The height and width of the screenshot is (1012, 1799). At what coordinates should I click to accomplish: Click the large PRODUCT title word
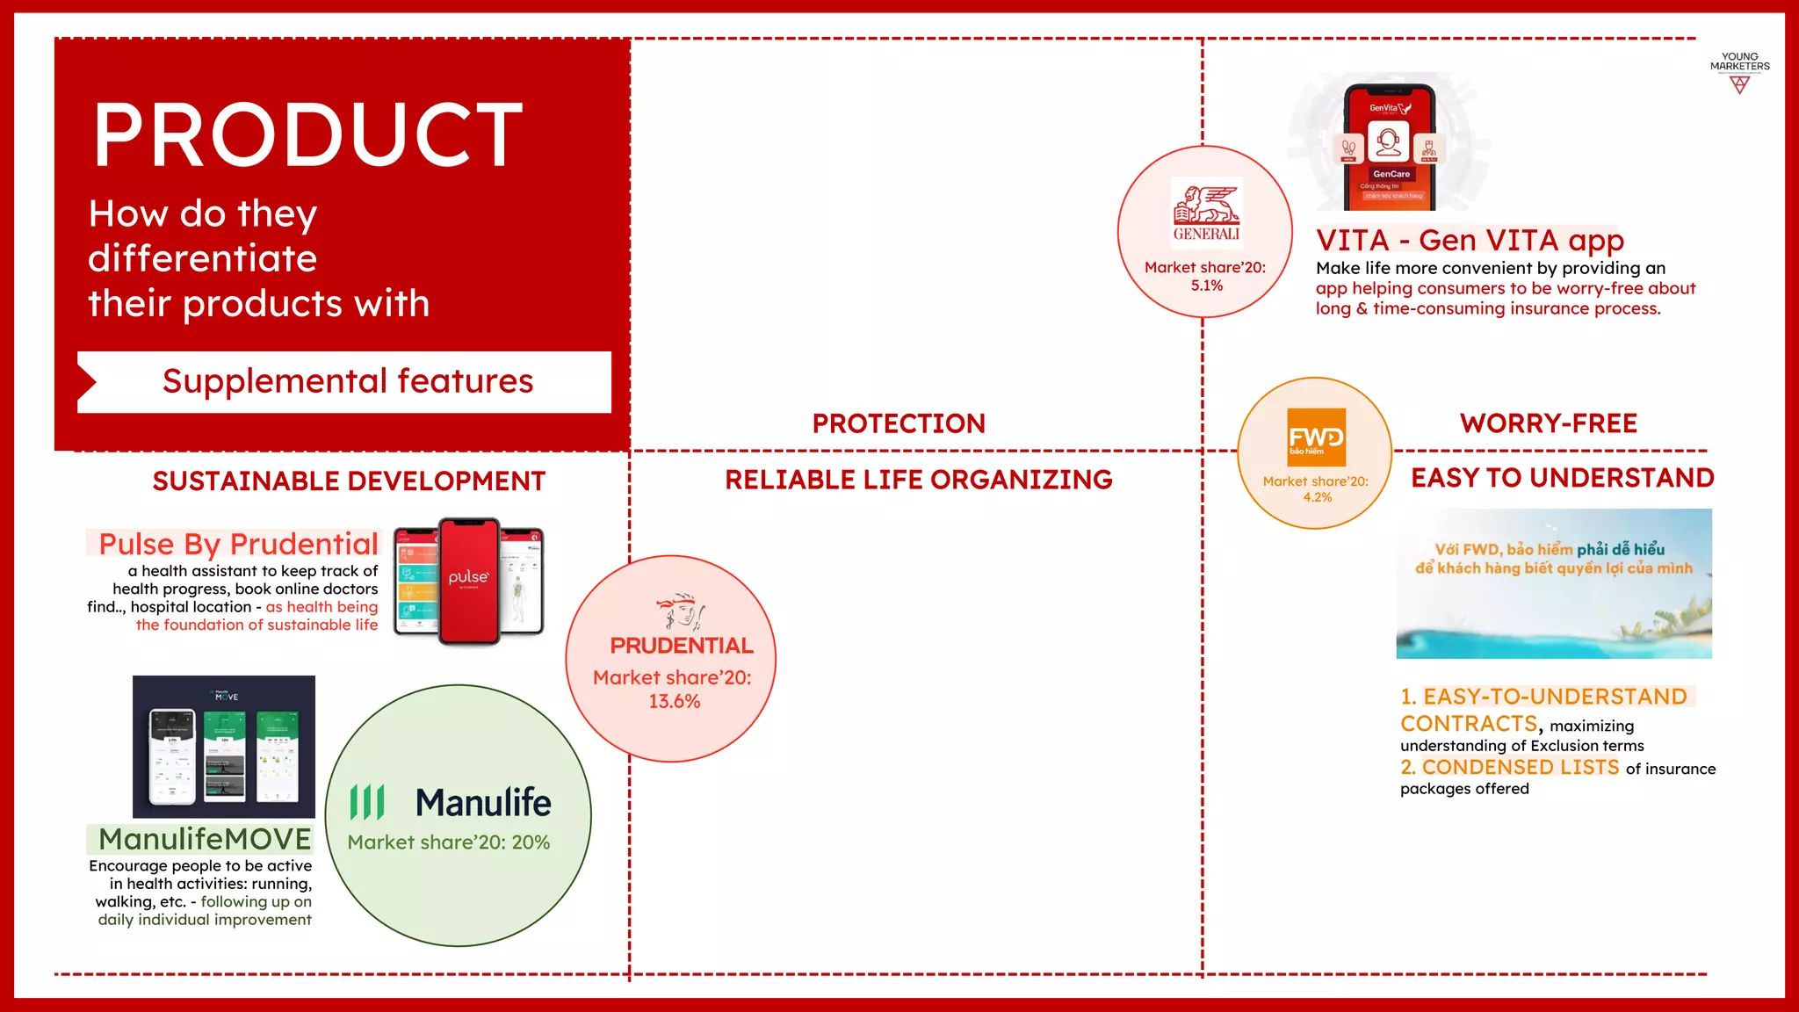307,135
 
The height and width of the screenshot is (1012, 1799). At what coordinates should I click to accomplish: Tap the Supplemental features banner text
348,381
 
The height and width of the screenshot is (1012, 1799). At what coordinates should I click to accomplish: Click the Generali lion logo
1206,205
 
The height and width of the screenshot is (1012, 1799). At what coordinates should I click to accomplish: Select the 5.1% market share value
1206,286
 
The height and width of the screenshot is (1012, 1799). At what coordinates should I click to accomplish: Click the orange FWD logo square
1316,437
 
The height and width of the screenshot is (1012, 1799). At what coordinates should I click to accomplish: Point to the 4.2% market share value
1317,497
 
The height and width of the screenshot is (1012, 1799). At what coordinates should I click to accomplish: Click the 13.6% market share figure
674,701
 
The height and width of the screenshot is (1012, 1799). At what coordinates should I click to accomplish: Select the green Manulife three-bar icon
367,802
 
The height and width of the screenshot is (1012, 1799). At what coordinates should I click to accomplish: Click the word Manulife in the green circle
483,802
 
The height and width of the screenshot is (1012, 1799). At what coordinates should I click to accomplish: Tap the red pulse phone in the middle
469,581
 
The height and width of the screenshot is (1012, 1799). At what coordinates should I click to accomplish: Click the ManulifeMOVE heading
205,839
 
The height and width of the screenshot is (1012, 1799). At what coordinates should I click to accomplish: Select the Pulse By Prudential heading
238,544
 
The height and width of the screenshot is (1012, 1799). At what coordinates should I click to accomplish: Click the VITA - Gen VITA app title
1470,240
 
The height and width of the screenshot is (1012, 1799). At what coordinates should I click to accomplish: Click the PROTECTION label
898,423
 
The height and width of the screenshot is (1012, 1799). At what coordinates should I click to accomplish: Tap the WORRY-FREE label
1548,423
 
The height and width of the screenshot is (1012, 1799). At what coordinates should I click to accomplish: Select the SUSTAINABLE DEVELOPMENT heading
349,481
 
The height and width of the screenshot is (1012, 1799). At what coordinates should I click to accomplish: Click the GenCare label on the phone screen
1391,174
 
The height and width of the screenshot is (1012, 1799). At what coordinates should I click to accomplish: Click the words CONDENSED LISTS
1520,767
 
